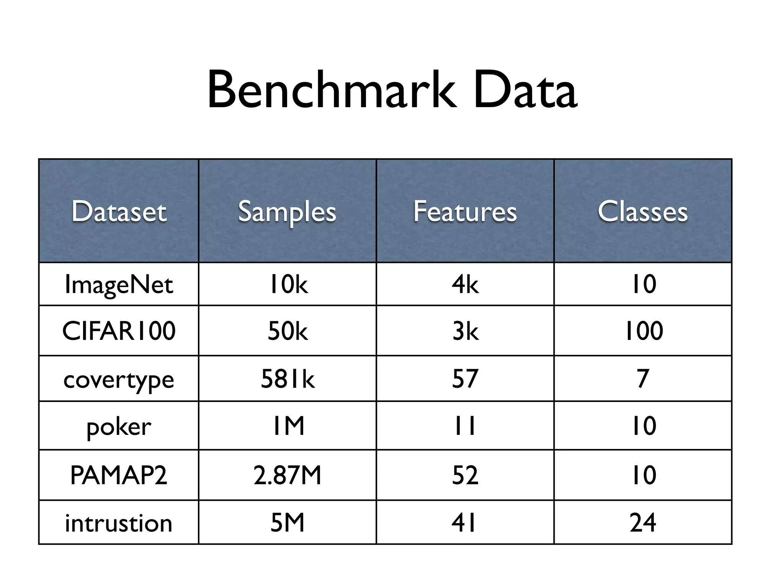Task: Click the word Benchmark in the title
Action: tap(332, 90)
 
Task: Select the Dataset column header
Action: tap(119, 211)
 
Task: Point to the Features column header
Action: tap(465, 211)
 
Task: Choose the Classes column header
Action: tap(643, 211)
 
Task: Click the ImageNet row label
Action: tap(119, 285)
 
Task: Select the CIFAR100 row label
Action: tap(119, 331)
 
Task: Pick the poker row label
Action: tap(119, 426)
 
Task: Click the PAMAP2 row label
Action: tap(119, 475)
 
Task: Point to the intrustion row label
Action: tap(119, 523)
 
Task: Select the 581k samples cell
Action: tap(287, 379)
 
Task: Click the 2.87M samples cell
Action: tap(287, 475)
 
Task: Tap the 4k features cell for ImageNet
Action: tap(465, 284)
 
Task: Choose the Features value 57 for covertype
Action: tap(465, 379)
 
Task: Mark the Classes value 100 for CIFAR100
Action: tap(644, 331)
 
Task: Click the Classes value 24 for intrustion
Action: tap(643, 523)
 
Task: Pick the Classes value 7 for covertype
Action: tap(643, 379)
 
